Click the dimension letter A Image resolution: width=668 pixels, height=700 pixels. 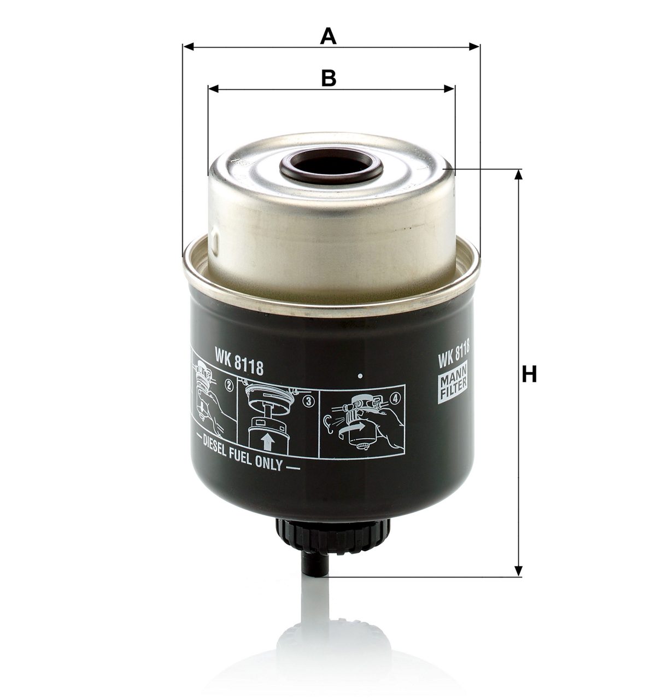tap(328, 37)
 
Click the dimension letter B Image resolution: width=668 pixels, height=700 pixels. tap(329, 78)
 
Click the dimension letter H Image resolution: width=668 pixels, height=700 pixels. tap(529, 374)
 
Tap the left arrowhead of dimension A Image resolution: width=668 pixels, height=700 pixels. tap(189, 46)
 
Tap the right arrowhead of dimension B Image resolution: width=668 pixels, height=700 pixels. tap(449, 89)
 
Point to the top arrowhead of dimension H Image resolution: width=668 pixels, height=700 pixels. tap(518, 174)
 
